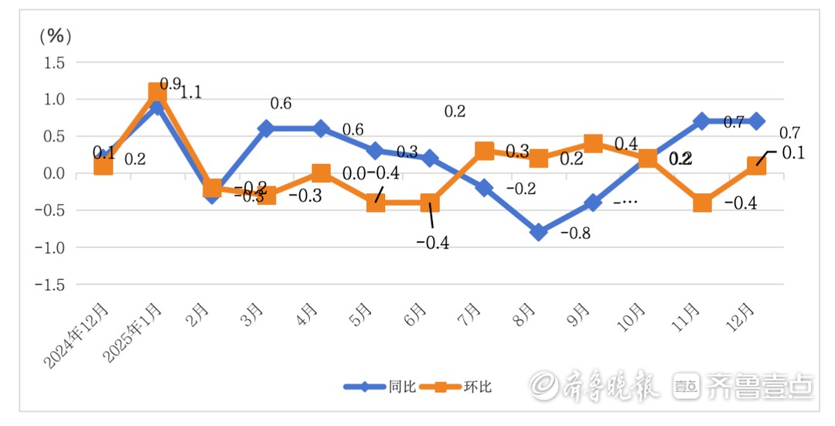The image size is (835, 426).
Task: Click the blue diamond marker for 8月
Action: [539, 232]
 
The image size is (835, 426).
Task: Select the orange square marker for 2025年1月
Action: [158, 93]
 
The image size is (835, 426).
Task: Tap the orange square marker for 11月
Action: [702, 203]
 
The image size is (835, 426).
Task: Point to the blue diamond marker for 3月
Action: [267, 129]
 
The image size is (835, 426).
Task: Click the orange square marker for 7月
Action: [485, 151]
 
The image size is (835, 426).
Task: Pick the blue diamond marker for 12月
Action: [756, 121]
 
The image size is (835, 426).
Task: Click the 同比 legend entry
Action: [380, 387]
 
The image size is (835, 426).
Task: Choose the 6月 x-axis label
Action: [416, 315]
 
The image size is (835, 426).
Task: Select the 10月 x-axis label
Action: [632, 315]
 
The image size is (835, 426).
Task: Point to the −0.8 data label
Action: [575, 233]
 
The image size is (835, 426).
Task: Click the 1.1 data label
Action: [191, 92]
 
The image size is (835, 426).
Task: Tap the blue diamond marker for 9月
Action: [593, 203]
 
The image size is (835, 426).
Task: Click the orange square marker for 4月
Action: [321, 173]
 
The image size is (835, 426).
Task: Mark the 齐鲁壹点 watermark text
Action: [759, 386]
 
